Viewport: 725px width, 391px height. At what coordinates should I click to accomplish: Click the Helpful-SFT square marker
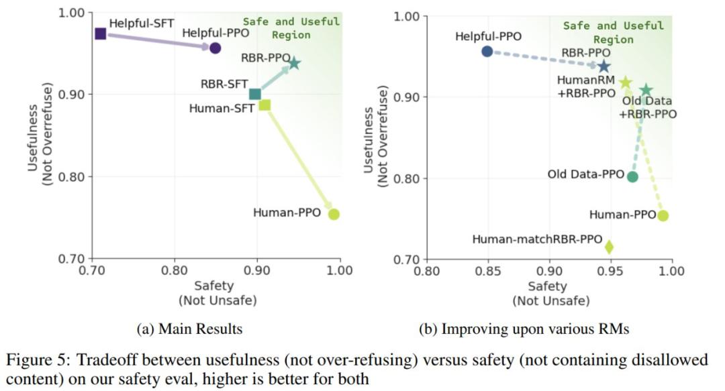[101, 34]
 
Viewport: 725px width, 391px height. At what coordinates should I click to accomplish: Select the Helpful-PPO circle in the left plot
[215, 48]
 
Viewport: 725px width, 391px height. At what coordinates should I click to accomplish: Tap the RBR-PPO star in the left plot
[294, 64]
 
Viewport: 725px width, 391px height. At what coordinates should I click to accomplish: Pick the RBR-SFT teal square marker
[255, 94]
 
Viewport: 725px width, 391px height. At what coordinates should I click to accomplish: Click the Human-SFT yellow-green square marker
[265, 105]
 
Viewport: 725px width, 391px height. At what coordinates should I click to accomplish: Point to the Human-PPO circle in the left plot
[334, 214]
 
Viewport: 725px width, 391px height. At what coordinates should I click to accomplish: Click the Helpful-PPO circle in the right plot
[487, 52]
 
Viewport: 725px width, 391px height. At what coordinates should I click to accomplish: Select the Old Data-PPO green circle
[632, 176]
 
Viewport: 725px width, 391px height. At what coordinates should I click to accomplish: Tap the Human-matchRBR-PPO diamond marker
[609, 247]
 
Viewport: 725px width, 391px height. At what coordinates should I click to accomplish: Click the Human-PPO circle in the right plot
[663, 215]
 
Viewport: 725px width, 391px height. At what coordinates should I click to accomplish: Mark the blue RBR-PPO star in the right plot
[604, 66]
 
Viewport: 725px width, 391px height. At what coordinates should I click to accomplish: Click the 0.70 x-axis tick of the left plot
[92, 271]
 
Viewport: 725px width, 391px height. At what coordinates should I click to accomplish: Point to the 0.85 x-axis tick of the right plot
[488, 271]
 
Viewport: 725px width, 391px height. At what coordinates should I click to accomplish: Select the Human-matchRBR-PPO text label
[535, 239]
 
